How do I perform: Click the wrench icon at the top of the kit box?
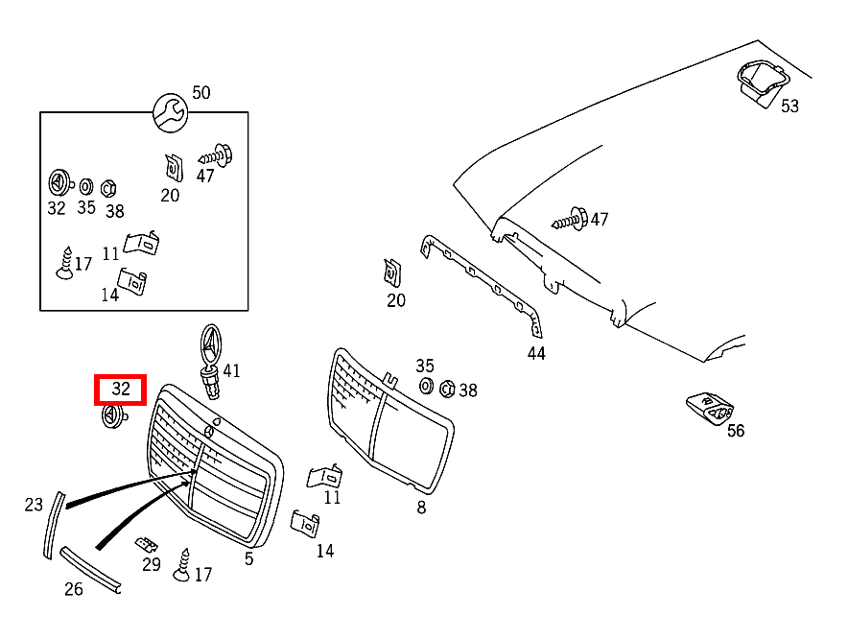click(171, 112)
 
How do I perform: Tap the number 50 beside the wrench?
click(201, 92)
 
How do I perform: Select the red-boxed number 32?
click(121, 389)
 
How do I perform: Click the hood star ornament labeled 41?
click(210, 362)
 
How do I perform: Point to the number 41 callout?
click(231, 370)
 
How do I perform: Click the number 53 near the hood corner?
click(789, 106)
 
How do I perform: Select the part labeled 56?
click(710, 408)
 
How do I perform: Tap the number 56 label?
click(736, 431)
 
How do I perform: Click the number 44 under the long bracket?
click(536, 354)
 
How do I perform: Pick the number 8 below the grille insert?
click(421, 508)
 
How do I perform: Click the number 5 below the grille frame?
click(248, 559)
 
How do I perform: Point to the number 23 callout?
click(34, 505)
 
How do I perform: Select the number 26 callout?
click(74, 589)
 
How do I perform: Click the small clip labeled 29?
click(146, 544)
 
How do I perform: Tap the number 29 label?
click(152, 565)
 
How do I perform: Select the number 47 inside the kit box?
click(205, 176)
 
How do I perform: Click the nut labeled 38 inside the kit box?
click(108, 188)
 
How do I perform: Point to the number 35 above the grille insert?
click(425, 366)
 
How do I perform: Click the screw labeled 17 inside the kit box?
click(65, 264)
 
